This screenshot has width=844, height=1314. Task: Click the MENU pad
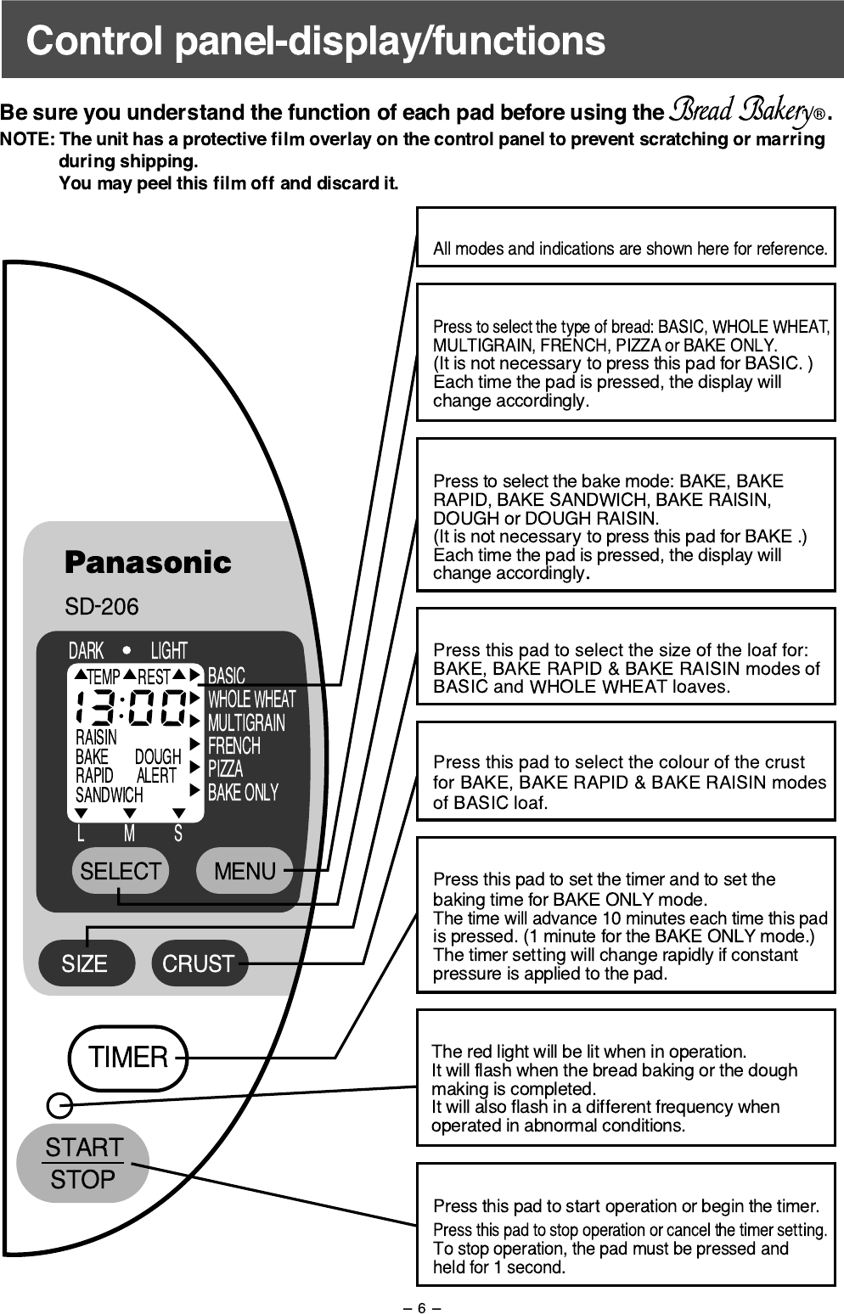coord(245,871)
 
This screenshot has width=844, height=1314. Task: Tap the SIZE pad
coord(85,963)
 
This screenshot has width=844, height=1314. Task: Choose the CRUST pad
coord(199,963)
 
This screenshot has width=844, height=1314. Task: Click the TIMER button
coord(128,1058)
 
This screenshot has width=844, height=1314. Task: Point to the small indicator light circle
coord(59,1104)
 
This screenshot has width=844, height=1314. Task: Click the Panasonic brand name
coord(148,562)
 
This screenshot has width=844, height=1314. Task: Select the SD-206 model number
coord(102,606)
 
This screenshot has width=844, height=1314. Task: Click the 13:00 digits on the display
coord(131,708)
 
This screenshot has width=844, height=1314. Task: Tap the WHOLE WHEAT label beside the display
coord(251,699)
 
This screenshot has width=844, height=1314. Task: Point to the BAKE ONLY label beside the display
coord(243,793)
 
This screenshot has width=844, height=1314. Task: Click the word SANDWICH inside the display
coord(110,795)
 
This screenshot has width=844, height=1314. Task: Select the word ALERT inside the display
coord(157,776)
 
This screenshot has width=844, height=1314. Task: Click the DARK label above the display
coord(86,651)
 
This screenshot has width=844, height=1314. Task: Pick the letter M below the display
coord(129,834)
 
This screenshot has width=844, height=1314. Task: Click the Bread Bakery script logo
coord(739,112)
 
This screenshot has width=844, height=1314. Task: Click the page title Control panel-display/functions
coord(316,41)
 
